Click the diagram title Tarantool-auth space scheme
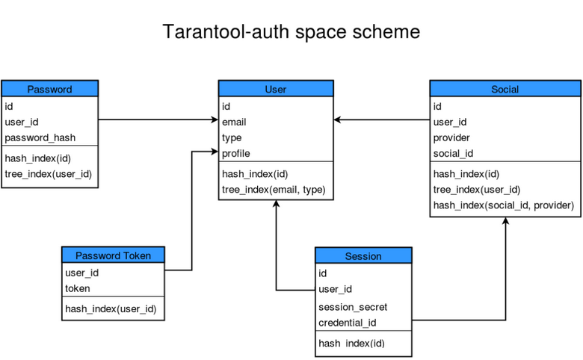[291, 33]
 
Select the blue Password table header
[49, 89]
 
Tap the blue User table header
[275, 89]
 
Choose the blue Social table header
[505, 89]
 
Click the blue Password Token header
[113, 255]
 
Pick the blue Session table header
[363, 256]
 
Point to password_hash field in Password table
[40, 137]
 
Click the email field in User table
[234, 122]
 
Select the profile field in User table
[235, 154]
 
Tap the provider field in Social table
[451, 137]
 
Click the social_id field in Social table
[453, 154]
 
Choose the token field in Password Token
[78, 288]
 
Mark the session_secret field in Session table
[353, 307]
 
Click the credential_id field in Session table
[347, 323]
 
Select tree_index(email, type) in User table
[274, 190]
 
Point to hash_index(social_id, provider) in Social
[503, 205]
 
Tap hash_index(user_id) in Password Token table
[111, 308]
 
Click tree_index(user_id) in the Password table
[48, 174]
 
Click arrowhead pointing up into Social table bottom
[505, 222]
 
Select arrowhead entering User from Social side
[338, 120]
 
